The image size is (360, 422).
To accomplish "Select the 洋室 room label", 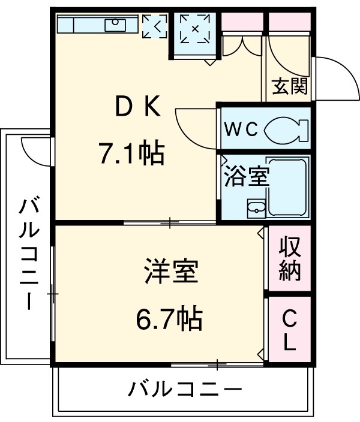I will pyautogui.click(x=170, y=273).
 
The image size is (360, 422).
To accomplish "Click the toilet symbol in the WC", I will pyautogui.click(x=285, y=128).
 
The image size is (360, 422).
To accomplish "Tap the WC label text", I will pyautogui.click(x=241, y=128).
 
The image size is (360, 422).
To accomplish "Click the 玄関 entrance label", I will pyautogui.click(x=290, y=87).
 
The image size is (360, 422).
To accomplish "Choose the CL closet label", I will pyautogui.click(x=289, y=330).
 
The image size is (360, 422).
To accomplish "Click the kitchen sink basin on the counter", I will pyautogui.click(x=114, y=25).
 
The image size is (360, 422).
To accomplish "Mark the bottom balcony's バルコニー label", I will pyautogui.click(x=185, y=390).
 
